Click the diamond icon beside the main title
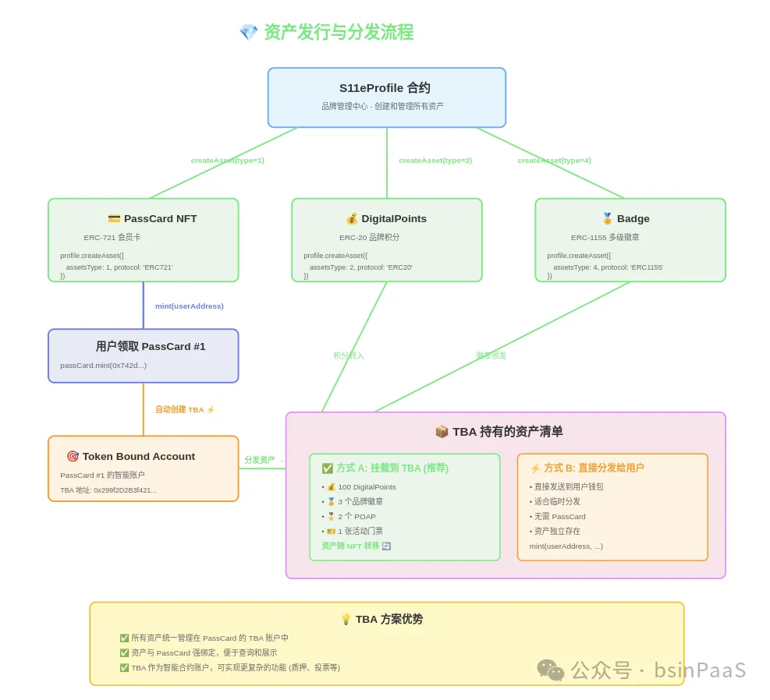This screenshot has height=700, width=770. click(x=248, y=33)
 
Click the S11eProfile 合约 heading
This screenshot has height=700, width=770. click(x=385, y=88)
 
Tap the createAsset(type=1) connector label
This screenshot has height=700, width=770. click(x=228, y=161)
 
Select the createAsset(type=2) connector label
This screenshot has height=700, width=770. click(x=435, y=161)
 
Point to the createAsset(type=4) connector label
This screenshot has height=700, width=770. click(x=554, y=161)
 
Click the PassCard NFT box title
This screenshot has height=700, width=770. click(x=152, y=219)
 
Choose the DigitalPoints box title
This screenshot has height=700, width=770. click(x=386, y=219)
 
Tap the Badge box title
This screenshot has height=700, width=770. click(x=626, y=219)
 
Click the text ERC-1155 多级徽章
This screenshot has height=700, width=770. click(x=605, y=238)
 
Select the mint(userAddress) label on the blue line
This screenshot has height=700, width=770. click(x=190, y=306)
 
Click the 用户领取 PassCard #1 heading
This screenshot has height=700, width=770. click(x=151, y=347)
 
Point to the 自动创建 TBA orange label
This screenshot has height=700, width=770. click(x=185, y=410)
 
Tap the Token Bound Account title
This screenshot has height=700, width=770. click(x=131, y=457)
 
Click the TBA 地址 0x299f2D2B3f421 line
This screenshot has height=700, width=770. click(x=108, y=490)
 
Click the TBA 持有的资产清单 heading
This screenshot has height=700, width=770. click(x=499, y=432)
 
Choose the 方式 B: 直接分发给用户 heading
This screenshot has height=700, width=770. click(x=587, y=468)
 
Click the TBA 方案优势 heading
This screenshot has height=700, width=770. click(x=381, y=620)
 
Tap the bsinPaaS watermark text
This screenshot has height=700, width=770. click(x=700, y=670)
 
